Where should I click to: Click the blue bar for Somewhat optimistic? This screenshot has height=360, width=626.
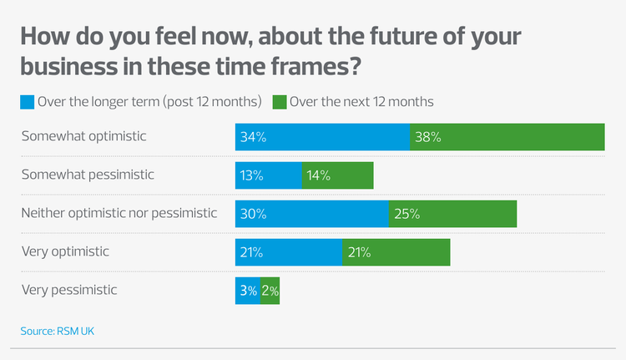[x=322, y=137]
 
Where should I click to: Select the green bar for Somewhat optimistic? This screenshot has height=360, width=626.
[x=507, y=137]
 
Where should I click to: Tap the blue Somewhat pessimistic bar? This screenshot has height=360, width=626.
[x=268, y=175]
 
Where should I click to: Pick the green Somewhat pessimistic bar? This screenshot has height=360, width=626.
[x=337, y=175]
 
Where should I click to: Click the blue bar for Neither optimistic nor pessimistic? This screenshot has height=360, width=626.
[x=311, y=214]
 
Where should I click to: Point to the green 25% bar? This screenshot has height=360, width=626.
[x=452, y=214]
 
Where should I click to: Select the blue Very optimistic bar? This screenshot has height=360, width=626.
[x=288, y=252]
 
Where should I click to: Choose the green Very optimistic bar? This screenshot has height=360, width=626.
[x=396, y=252]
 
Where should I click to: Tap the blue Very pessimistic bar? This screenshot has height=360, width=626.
[x=247, y=291]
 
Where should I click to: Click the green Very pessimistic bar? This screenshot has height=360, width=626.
[x=270, y=291]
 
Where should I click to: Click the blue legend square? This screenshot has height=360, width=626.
[x=27, y=103]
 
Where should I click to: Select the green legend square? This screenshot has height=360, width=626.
[x=280, y=103]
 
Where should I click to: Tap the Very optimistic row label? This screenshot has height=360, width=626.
[x=65, y=251]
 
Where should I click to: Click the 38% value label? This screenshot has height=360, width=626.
[x=427, y=138]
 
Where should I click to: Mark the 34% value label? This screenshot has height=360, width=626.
[x=253, y=138]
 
